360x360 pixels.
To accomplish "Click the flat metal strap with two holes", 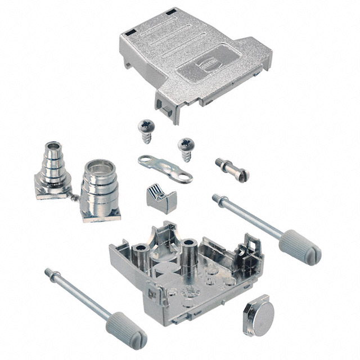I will (x=165, y=169).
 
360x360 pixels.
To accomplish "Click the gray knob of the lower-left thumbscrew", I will (x=126, y=332).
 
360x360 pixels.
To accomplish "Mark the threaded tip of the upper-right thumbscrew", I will (x=217, y=198).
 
